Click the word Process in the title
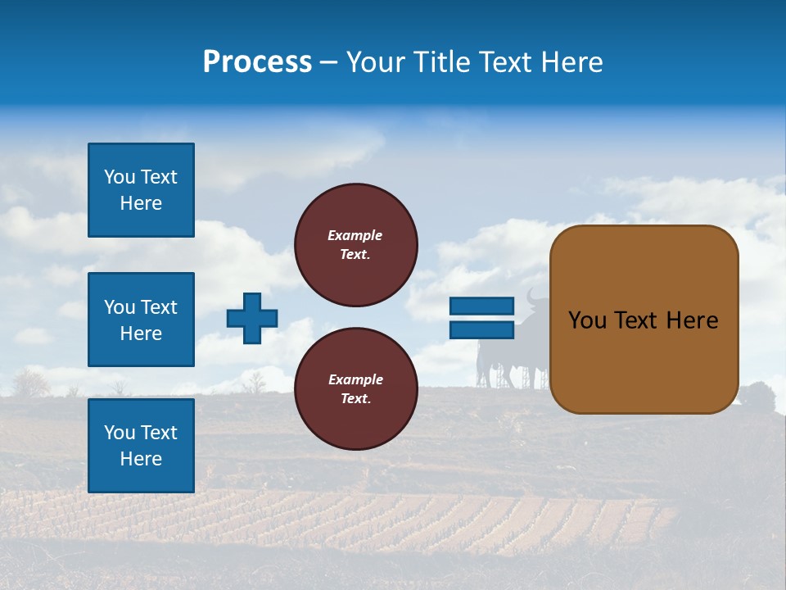coord(257,62)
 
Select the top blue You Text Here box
coord(141,190)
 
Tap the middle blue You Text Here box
coord(141,320)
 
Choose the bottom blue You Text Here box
coord(141,445)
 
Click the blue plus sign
coord(252,318)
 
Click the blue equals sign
coord(481,318)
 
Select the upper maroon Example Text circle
coord(356,244)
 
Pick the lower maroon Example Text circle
coord(356,388)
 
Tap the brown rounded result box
coord(644,320)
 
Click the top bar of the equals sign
coord(481,306)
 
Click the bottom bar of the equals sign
coord(481,329)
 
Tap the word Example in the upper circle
coord(355,235)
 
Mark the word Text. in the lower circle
coord(355,399)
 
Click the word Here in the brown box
coord(692,320)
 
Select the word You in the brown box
coord(586,320)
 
